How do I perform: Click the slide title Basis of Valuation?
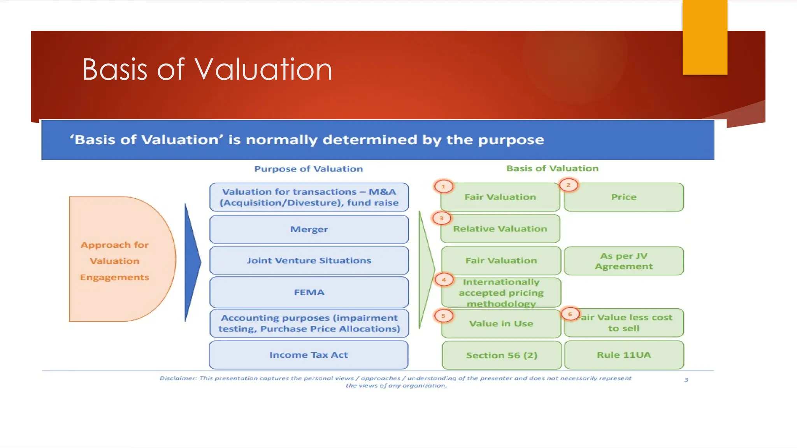207,70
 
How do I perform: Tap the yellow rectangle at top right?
704,37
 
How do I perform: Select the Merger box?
309,229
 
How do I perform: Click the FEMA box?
309,292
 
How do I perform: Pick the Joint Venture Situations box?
309,261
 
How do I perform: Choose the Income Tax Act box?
309,355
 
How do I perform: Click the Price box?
623,197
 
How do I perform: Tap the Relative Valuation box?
500,229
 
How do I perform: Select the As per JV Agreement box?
623,261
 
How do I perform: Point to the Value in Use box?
501,324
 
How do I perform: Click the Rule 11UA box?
623,355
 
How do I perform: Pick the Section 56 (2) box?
502,355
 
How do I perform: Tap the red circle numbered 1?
443,187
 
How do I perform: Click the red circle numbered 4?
444,280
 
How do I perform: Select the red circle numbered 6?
570,314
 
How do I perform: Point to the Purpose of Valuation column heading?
308,169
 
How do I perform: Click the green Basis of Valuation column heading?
552,168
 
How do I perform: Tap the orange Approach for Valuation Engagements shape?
117,260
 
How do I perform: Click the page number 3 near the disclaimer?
686,380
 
